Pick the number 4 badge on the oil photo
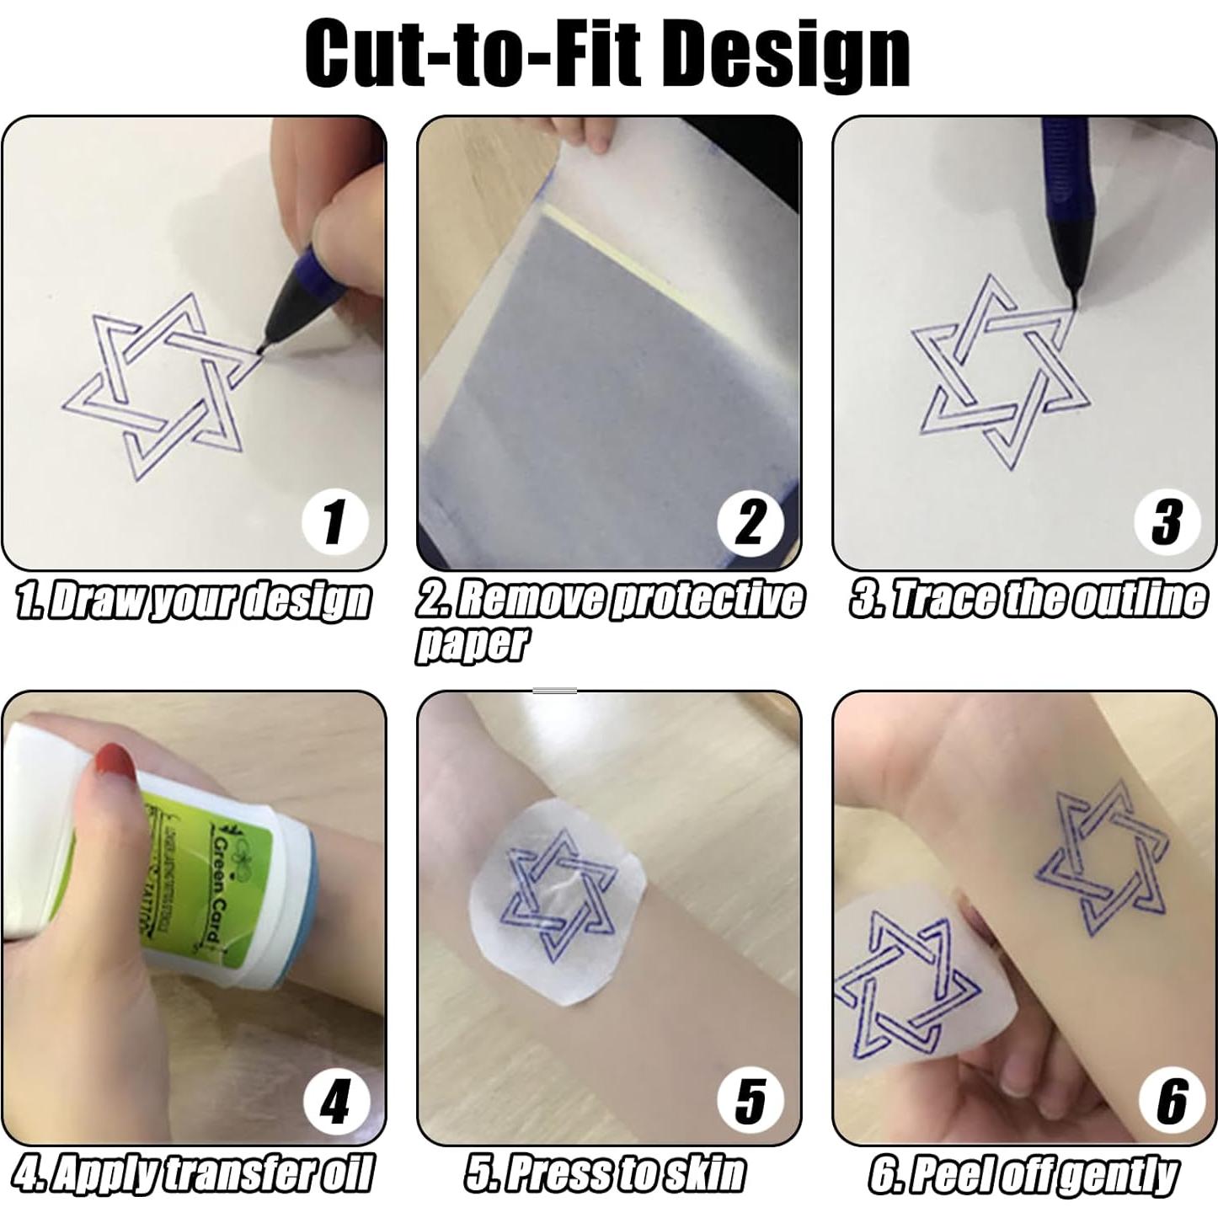[x=334, y=1101]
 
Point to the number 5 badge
[x=750, y=1101]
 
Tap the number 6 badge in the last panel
[x=1171, y=1101]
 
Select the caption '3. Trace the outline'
[x=1028, y=601]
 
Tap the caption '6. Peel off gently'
[x=1023, y=1174]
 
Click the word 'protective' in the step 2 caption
[x=706, y=601]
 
